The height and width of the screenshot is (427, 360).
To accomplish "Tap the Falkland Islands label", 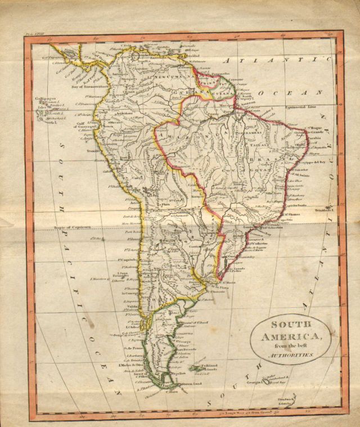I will [x=210, y=367].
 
